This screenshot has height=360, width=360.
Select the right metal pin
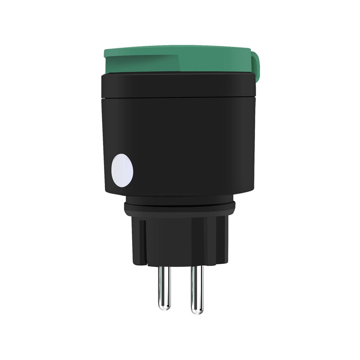pos(196,288)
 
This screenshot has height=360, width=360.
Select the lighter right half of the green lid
pos(216,60)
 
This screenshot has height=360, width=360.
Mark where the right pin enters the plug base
pos(196,267)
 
